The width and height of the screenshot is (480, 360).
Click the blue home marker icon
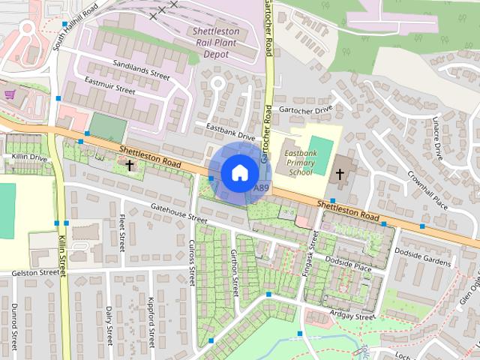238,172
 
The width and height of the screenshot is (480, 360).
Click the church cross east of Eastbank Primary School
339,175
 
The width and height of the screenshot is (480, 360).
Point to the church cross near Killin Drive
130,163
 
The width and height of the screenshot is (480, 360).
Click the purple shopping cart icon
9,94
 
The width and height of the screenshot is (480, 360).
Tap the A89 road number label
261,187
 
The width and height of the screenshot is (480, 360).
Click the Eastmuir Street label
109,85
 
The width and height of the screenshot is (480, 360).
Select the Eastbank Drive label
231,131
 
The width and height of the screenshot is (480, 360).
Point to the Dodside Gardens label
423,256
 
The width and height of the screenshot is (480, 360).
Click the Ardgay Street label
352,316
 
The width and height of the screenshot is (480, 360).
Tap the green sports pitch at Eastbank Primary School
319,145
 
